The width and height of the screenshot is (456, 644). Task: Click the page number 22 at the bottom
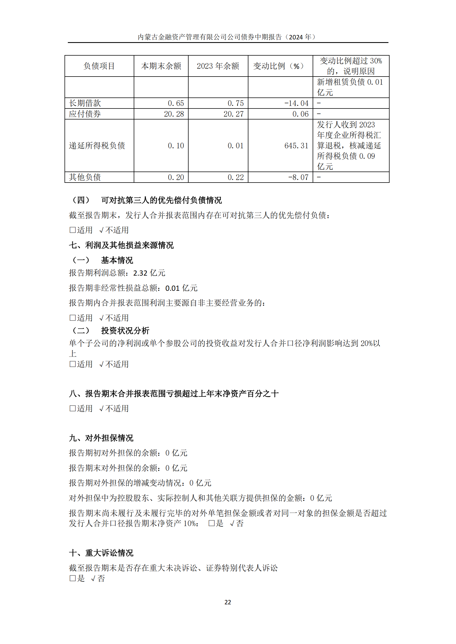[x=228, y=602]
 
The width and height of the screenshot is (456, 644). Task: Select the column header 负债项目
[x=99, y=66]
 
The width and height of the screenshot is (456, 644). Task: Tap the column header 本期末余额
[x=161, y=66]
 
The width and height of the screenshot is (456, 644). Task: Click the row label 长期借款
[x=85, y=103]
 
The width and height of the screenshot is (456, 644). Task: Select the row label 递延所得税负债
[x=97, y=146]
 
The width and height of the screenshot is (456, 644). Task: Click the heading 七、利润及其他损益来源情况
[x=121, y=245]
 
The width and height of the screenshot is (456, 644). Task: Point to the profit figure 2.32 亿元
[x=149, y=273]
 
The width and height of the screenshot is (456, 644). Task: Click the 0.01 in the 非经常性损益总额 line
[x=172, y=288]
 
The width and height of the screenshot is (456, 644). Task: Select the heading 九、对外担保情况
[x=101, y=438]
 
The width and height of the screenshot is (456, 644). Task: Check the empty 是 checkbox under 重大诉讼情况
[x=73, y=578]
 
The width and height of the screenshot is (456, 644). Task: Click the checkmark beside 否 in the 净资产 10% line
[x=232, y=523]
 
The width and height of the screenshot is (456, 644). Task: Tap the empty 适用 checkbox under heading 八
[x=73, y=408]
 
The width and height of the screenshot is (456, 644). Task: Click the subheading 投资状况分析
[x=125, y=330]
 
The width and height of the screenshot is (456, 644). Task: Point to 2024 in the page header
[x=296, y=37]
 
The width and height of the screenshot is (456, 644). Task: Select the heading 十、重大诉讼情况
[x=101, y=553]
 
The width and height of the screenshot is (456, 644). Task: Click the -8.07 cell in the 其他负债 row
[x=298, y=177]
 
